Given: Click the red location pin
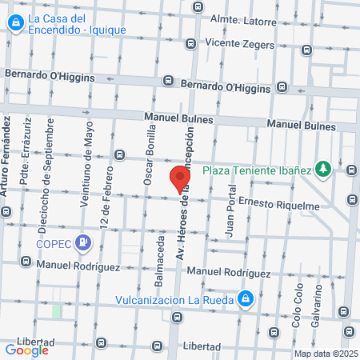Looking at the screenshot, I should coord(180,179).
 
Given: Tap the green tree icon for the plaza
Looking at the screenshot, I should coord(323,169).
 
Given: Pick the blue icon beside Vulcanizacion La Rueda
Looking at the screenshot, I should coord(247,299).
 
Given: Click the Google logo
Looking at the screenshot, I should coord(27,349).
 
